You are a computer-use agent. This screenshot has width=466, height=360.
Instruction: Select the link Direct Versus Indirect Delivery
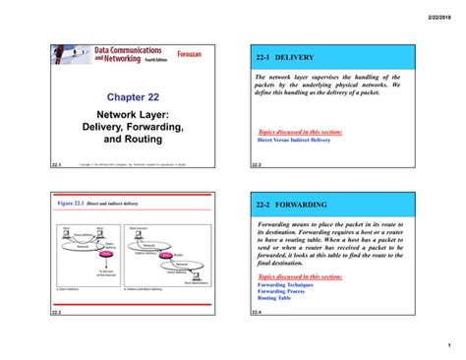click(x=294, y=140)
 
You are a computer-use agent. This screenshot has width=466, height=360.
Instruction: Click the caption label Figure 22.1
click(x=73, y=203)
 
